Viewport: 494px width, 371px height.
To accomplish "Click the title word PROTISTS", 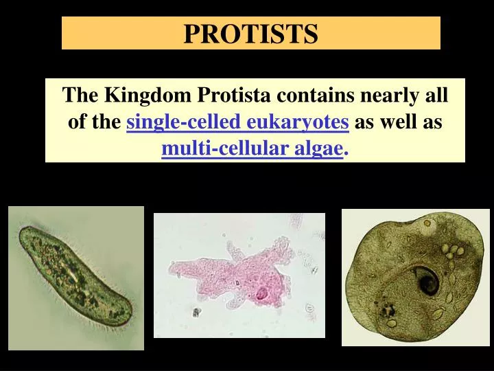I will point(250,33).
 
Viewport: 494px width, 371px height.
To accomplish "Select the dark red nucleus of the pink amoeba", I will point(261,295).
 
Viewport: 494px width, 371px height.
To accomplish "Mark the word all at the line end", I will point(437,95).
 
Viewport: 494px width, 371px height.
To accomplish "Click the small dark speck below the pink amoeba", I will point(196,313).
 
